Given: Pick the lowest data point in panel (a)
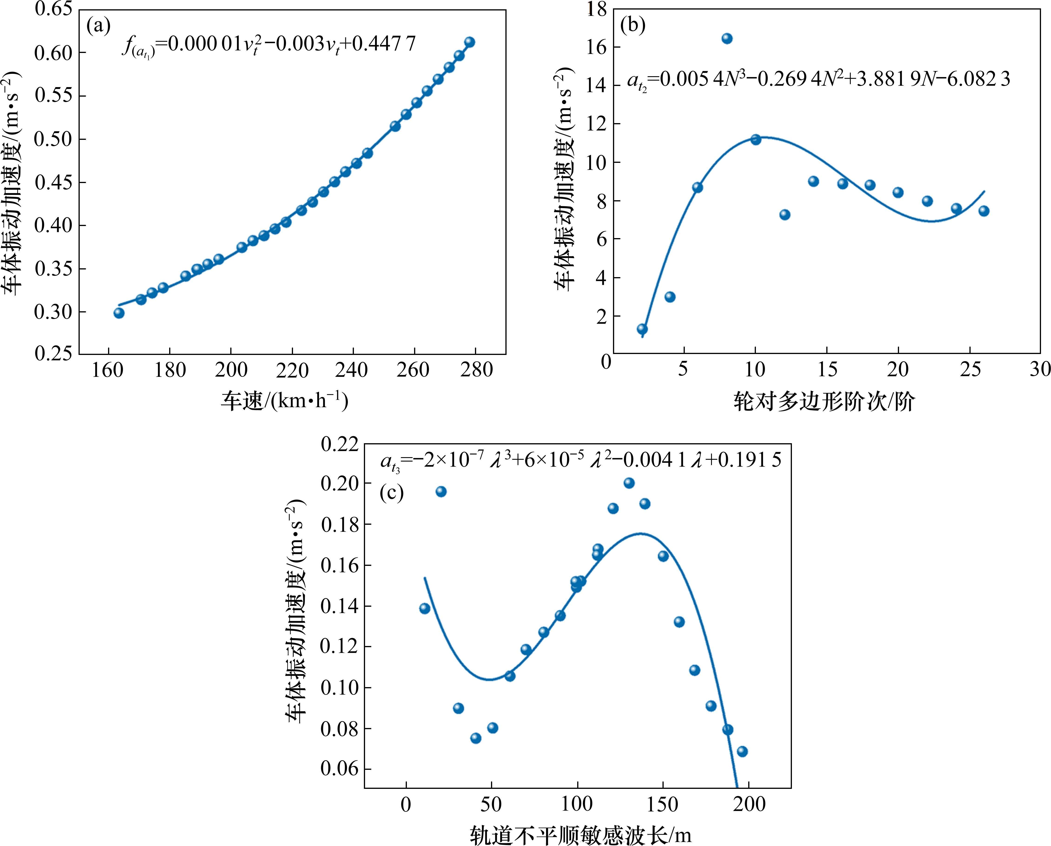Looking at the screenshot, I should pyautogui.click(x=119, y=313).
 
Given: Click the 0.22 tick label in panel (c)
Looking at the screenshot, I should pyautogui.click(x=339, y=444).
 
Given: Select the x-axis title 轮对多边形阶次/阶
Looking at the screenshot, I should pyautogui.click(x=824, y=402).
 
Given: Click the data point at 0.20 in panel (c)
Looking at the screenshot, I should pyautogui.click(x=629, y=483).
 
